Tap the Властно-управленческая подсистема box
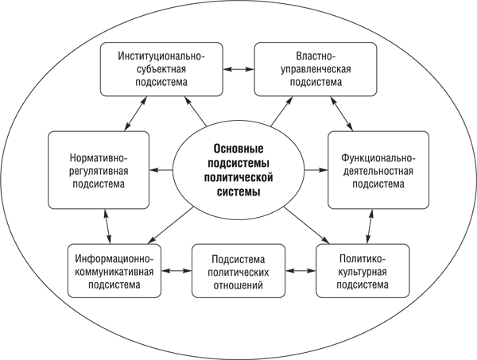[315, 70]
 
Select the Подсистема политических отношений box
[238, 271]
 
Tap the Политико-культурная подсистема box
[363, 271]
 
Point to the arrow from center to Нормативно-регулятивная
[162, 170]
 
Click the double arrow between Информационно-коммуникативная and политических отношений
[177, 271]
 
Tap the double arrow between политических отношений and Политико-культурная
[301, 271]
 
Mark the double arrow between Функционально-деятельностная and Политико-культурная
[370, 227]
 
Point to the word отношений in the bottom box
[238, 284]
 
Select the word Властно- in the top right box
[315, 56]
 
